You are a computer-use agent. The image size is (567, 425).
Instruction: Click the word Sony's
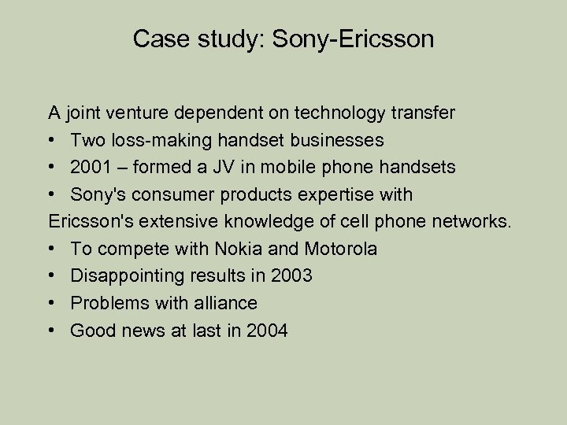coord(98,194)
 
